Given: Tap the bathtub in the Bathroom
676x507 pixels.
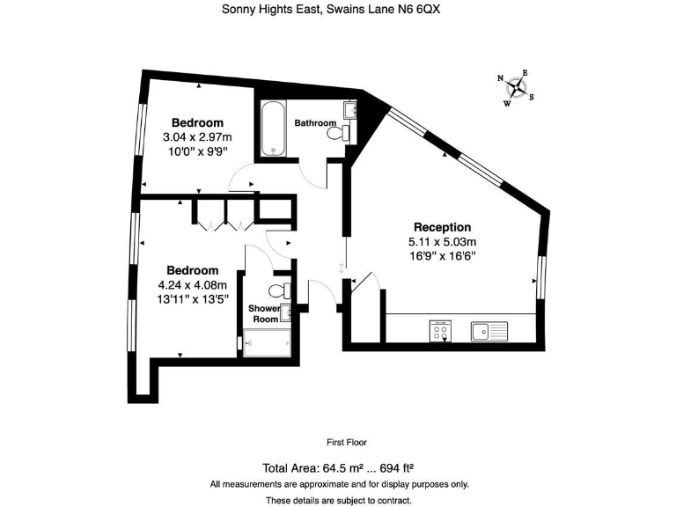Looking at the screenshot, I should pos(273,129).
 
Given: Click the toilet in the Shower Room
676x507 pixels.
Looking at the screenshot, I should pos(279,291).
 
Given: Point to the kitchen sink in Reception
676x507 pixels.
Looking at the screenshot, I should pos(489,331).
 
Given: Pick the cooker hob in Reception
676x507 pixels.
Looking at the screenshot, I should pos(440,331).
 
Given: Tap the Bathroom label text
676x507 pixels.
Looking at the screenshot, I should pos(315,122).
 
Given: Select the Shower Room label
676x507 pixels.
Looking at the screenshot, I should pos(264,314).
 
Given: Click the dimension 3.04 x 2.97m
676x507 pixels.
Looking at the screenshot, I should pos(197,137).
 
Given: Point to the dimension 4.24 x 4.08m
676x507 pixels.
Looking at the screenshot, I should pos(193,284).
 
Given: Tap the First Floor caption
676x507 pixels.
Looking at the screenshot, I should pos(346,443).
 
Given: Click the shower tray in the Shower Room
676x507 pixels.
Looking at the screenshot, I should pos(265,344).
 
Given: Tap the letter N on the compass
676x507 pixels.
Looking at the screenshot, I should pos(501,78).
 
